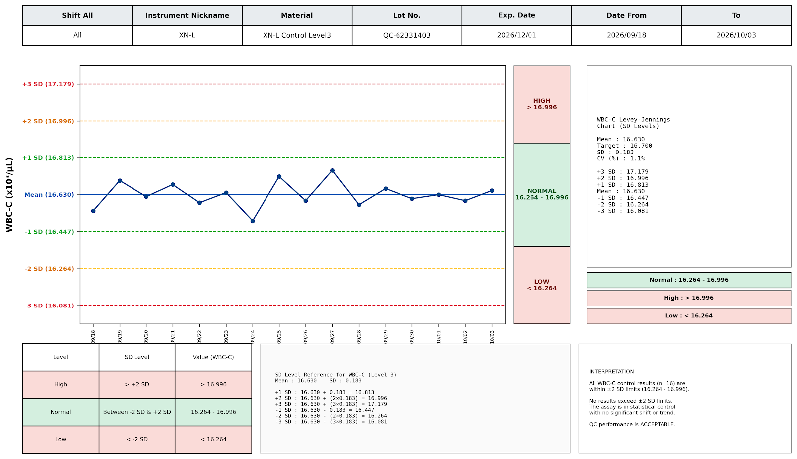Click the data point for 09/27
point(332,171)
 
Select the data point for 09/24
point(253,221)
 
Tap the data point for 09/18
point(93,211)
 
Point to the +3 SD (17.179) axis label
point(48,84)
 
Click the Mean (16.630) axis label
point(49,195)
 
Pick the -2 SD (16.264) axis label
point(49,269)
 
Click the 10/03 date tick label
point(492,336)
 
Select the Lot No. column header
point(406,15)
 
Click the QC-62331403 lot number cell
point(406,35)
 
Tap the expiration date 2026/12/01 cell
point(517,35)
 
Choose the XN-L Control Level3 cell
point(297,35)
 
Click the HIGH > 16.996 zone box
point(542,104)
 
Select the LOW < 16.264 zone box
point(542,285)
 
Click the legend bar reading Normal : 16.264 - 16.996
point(689,280)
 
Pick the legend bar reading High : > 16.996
point(689,298)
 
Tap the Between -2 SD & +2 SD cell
point(137,412)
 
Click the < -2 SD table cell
point(137,440)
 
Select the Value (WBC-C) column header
point(214,357)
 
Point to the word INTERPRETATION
point(611,372)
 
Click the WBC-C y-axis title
point(9,195)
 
